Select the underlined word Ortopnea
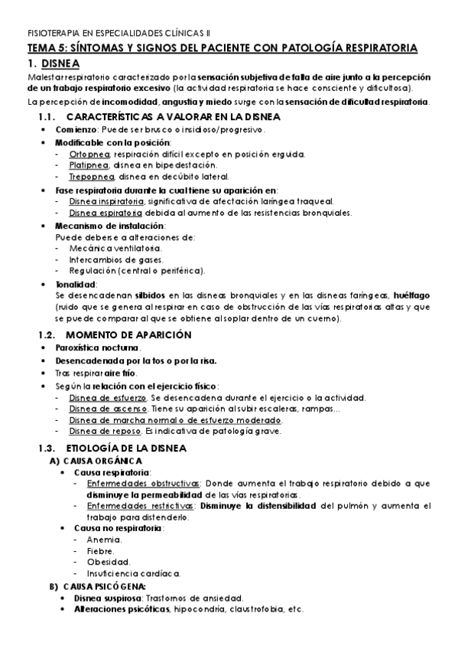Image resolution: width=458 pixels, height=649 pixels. (x=89, y=154)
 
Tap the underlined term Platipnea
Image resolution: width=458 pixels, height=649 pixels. (x=90, y=165)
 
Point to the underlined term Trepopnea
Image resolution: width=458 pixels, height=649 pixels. (x=92, y=176)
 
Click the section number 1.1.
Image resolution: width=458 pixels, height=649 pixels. (x=48, y=117)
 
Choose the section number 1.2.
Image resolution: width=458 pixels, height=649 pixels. (x=48, y=335)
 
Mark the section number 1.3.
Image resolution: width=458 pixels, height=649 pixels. (x=48, y=447)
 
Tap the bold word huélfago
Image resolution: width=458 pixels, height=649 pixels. (x=411, y=295)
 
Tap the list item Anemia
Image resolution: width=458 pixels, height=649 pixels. (x=103, y=540)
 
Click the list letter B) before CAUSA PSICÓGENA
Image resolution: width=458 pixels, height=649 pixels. (x=54, y=586)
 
